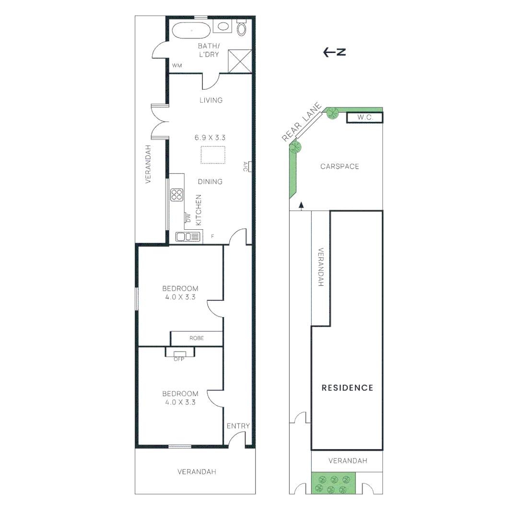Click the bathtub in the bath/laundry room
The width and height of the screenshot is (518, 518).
pos(191,30)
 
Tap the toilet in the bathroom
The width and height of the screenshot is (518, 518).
pos(242,29)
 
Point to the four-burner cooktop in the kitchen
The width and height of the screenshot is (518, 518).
pos(177,195)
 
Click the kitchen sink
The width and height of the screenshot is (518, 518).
pos(188,236)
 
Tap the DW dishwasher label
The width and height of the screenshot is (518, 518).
pos(188,218)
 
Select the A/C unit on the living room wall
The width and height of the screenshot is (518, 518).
pos(247,166)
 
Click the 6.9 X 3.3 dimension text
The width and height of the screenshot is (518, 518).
pos(210,137)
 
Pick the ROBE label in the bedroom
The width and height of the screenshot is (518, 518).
pos(196,338)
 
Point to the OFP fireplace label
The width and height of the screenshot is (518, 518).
pos(179,359)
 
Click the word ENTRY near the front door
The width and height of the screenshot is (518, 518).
pos(238,426)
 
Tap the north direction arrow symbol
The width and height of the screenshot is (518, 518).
pos(335,52)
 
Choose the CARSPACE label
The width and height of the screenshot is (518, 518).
pos(340,166)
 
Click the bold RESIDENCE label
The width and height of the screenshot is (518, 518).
pos(347,388)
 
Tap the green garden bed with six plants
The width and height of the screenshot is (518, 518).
pos(334,483)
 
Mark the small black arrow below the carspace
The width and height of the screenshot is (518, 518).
pos(301,206)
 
